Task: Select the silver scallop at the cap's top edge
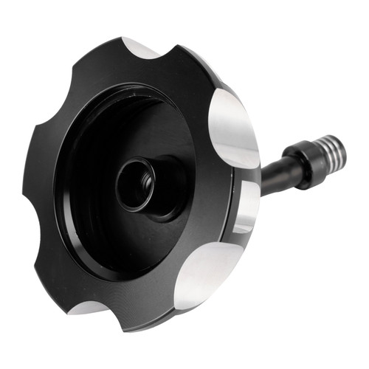tap(140, 48)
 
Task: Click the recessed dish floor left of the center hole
tap(89, 184)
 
